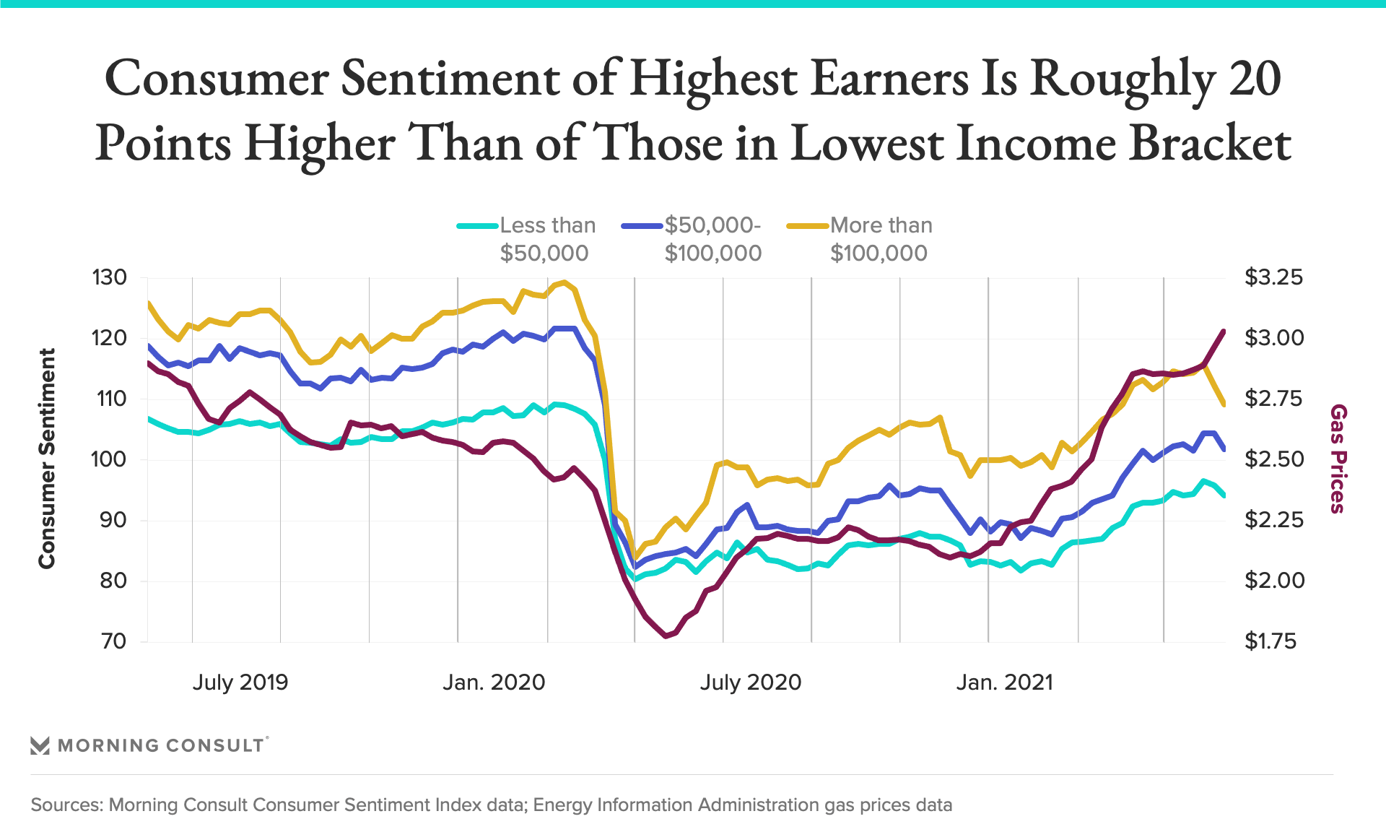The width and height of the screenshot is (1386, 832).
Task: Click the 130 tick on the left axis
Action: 110,277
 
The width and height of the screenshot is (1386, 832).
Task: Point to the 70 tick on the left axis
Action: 113,641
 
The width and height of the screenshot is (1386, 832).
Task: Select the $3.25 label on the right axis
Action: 1274,277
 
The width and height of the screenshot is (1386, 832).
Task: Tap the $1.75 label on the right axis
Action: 1270,641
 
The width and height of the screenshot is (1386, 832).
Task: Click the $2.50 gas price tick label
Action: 1274,459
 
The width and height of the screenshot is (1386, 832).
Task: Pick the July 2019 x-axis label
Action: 240,682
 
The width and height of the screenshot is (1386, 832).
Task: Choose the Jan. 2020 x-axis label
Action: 494,682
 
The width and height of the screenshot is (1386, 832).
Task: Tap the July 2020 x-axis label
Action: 750,682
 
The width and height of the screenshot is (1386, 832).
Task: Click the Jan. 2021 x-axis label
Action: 1004,682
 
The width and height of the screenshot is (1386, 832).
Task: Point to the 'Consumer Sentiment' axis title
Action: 47,459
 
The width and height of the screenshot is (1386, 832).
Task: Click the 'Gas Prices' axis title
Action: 1338,459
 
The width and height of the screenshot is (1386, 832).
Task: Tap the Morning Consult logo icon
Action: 40,745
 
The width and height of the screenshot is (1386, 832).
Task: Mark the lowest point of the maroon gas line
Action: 666,636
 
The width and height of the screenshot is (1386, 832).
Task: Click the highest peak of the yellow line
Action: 565,282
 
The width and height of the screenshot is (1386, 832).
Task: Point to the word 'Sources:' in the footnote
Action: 67,805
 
